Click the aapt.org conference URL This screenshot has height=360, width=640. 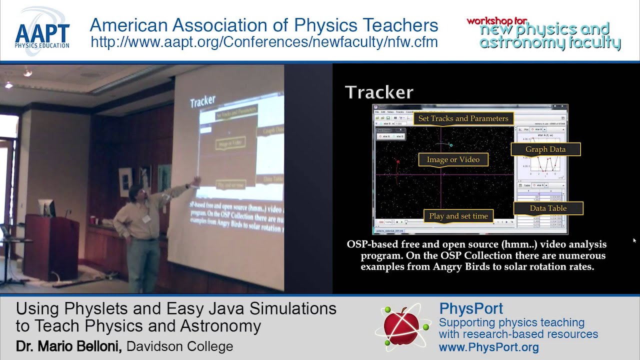264,42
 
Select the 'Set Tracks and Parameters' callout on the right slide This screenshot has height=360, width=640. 463,118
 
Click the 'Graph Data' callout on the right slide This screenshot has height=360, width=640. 545,149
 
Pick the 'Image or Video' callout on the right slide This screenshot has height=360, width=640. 453,159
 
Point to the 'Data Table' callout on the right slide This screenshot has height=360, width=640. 548,208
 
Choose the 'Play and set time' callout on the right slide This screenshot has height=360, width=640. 458,216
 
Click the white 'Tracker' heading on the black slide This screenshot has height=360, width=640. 379,92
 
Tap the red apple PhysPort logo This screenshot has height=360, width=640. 403,326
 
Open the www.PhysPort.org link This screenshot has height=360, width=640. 488,347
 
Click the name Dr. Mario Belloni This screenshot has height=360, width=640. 68,346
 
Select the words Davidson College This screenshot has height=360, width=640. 179,346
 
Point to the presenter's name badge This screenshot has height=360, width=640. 146,218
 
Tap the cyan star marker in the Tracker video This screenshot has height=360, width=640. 450,145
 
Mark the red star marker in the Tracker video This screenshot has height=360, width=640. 398,161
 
